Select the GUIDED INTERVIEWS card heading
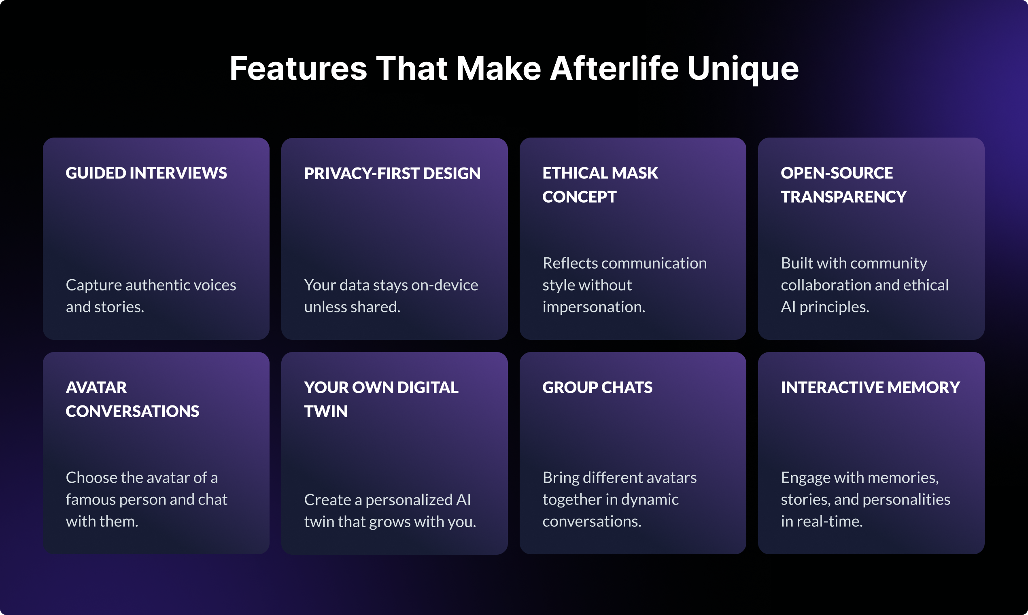point(147,173)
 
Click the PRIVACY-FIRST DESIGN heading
point(392,173)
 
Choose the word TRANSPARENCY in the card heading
point(843,197)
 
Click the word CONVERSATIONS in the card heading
point(132,411)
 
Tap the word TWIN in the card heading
point(326,411)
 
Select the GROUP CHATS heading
point(597,388)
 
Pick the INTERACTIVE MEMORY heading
point(871,388)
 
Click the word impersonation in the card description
point(594,307)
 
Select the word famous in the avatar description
point(90,499)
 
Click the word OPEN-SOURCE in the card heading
point(837,173)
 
